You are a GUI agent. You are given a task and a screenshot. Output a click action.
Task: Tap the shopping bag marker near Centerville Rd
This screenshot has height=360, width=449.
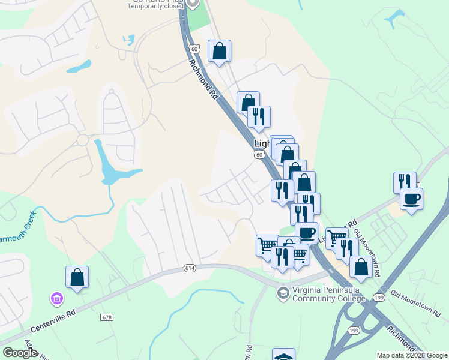point(77,277)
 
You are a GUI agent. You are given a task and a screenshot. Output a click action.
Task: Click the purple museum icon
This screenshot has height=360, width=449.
point(56,298)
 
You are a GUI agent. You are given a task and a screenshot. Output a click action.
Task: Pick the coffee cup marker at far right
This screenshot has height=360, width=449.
point(411,199)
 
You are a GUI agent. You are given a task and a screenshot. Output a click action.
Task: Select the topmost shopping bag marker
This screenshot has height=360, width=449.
point(220,51)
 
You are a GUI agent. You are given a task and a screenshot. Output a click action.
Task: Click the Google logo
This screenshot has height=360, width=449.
point(19,353)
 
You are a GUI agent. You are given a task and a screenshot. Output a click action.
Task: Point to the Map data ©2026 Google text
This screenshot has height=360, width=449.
point(412,355)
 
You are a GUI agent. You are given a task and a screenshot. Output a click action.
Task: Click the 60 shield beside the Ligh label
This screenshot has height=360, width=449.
point(259,155)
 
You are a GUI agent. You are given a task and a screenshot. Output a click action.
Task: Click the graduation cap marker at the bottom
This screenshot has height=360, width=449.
point(283,355)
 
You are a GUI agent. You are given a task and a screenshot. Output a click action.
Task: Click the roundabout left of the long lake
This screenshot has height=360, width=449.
point(82,141)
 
